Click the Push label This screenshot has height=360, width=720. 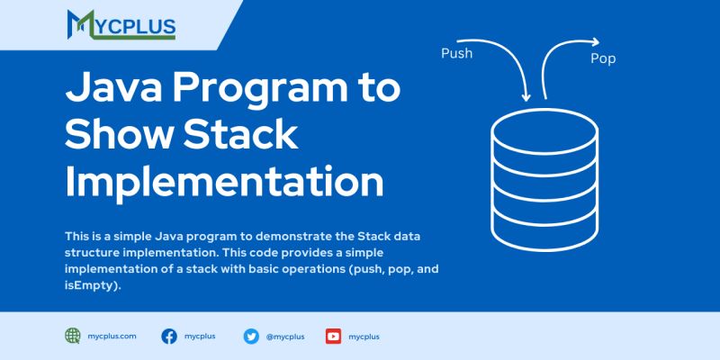[x=456, y=53]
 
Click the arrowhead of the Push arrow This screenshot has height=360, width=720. [x=526, y=95]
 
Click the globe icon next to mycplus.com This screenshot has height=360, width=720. [x=73, y=336]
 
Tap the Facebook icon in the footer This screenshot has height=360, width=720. [x=168, y=337]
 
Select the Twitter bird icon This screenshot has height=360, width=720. [x=251, y=337]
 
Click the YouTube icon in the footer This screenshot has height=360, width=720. [x=333, y=337]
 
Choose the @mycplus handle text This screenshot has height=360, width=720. [x=285, y=337]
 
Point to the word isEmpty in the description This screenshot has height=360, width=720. [x=90, y=284]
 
